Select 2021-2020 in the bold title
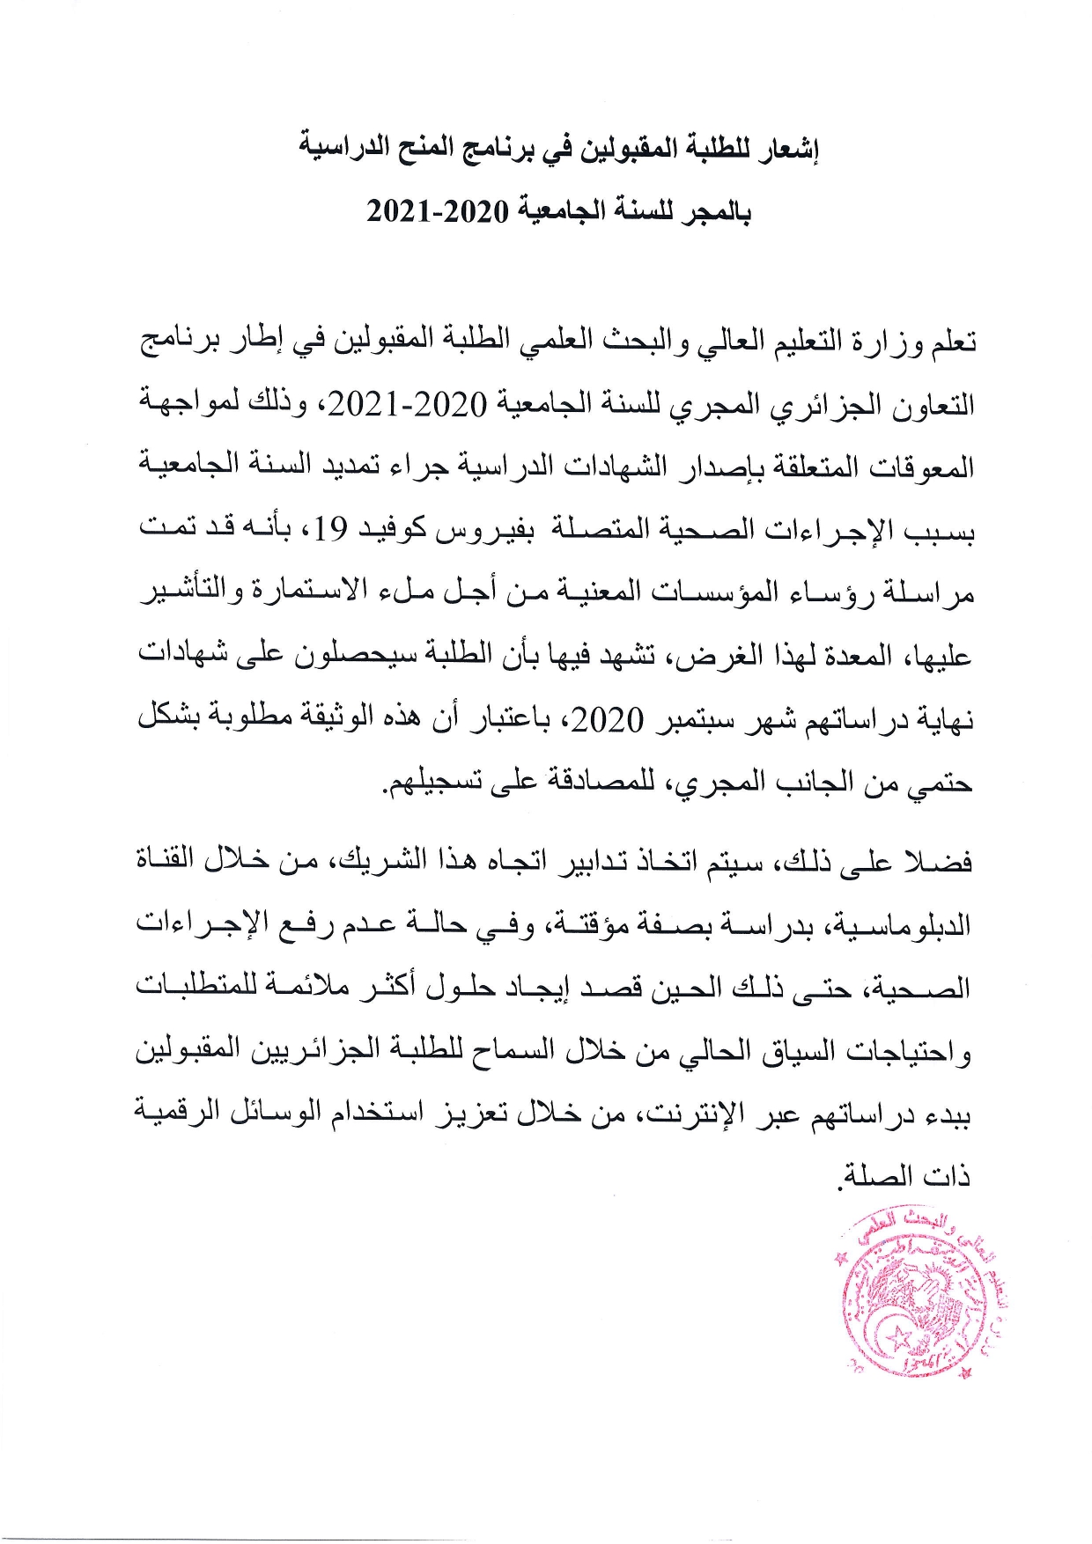438,212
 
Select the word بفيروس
483,528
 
